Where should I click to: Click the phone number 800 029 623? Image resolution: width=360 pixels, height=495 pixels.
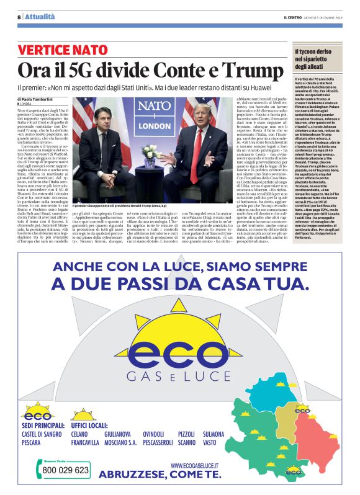65,470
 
